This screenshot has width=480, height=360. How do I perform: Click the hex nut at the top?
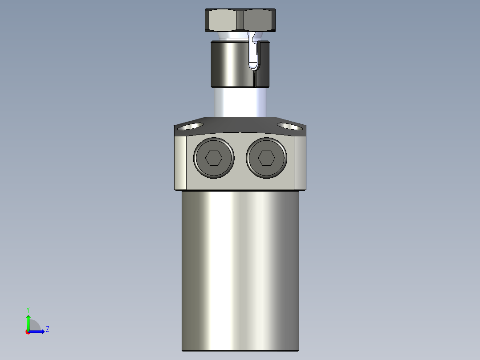241,20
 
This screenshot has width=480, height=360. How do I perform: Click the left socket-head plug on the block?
214,158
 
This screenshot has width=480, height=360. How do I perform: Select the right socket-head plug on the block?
266,158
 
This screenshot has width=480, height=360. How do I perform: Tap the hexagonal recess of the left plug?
214,158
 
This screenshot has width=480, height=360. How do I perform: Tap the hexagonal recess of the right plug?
266,158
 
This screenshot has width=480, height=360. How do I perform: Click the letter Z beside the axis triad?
48,329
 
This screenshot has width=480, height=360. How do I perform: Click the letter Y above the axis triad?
28,309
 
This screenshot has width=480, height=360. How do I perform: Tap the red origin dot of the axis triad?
28,332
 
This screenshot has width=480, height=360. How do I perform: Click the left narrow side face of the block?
180,163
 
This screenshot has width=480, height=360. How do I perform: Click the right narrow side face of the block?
301,163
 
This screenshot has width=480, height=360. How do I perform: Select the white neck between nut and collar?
232,36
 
